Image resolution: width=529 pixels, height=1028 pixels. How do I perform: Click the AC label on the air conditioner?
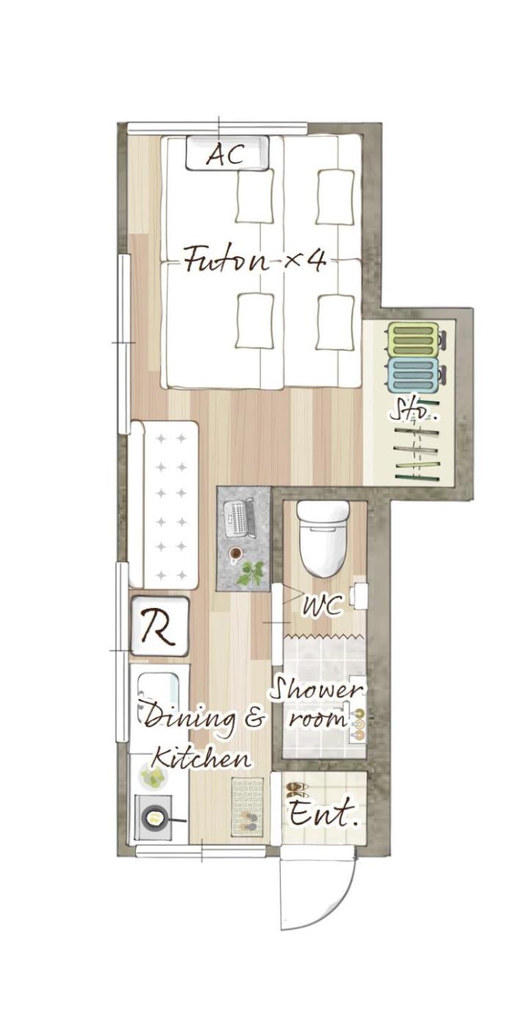(224, 153)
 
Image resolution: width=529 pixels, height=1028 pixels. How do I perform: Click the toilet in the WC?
(323, 537)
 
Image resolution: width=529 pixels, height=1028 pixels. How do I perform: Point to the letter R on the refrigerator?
(159, 626)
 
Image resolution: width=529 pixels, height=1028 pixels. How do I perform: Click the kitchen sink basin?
(159, 692)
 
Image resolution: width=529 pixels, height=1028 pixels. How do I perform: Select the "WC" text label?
(322, 605)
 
